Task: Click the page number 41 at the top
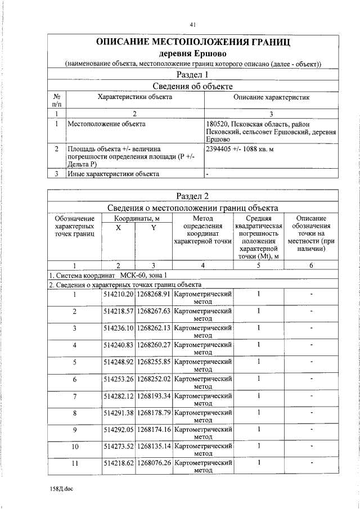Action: pos(192,24)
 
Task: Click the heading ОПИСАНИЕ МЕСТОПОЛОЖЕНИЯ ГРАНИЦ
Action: pos(193,42)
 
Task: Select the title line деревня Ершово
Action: pos(193,54)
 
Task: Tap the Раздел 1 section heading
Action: pos(193,74)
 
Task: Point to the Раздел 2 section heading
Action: pos(193,196)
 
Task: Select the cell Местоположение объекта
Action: pos(106,123)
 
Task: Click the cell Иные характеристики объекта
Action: pos(113,174)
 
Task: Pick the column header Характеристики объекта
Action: pos(135,97)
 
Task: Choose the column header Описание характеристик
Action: pos(272,97)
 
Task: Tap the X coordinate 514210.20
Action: pos(118,294)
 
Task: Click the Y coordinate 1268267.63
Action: pos(154,311)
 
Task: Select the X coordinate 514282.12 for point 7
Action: pos(118,395)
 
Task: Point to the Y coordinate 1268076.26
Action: pos(154,463)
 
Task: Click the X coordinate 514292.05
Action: pos(118,429)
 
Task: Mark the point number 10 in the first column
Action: pos(74,447)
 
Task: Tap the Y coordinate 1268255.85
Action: pos(154,362)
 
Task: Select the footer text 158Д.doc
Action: pos(61,489)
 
